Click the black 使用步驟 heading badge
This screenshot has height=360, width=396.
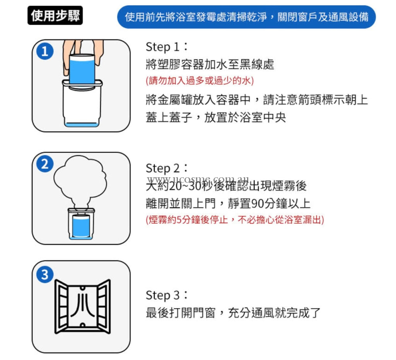tap(55, 15)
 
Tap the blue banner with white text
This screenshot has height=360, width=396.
tap(246, 17)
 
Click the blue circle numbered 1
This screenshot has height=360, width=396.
tap(45, 51)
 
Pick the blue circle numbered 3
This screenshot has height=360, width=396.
tap(45, 274)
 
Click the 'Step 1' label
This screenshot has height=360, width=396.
tap(167, 47)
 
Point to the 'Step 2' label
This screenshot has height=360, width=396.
tap(167, 168)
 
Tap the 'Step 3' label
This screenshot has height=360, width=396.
tap(167, 295)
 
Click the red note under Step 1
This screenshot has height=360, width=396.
tap(200, 81)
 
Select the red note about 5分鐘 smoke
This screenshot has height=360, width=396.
tap(235, 220)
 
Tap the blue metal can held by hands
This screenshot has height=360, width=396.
tap(82, 71)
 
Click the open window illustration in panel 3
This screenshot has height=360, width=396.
tap(83, 307)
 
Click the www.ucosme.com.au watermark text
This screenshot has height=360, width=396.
tap(198, 179)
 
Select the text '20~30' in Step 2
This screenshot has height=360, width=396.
tap(185, 186)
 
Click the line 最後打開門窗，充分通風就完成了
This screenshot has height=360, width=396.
tap(233, 313)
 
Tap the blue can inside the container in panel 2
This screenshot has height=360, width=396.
tap(81, 226)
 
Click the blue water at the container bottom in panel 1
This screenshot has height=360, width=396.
tap(81, 124)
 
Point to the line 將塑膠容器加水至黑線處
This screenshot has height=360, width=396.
tap(210, 64)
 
